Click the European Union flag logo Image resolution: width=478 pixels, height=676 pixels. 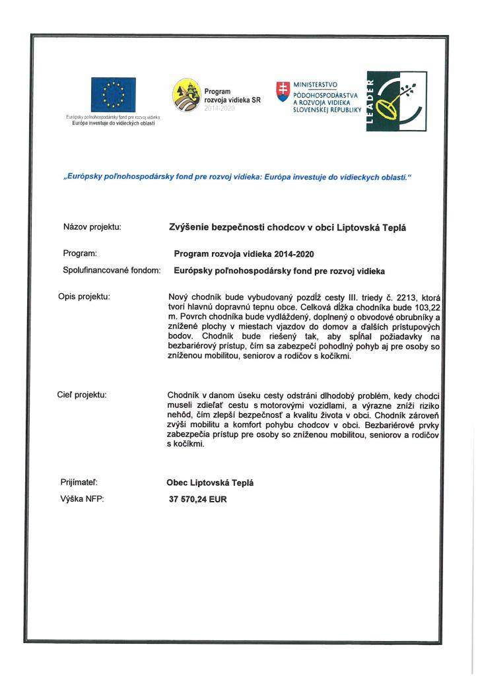coord(114,95)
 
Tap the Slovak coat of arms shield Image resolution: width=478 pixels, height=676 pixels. coord(283,90)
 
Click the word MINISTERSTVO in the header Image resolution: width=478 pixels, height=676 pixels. coord(316,84)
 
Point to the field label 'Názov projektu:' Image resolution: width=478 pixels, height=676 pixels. coord(92,227)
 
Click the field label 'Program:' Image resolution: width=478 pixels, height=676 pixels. coord(80,253)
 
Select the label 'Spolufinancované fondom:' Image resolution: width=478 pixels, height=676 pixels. coord(112,270)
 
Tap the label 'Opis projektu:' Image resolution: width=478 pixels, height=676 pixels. coord(84,296)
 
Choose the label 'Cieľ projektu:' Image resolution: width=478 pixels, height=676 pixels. coord(83,395)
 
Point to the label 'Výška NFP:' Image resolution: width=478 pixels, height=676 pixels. coord(82,499)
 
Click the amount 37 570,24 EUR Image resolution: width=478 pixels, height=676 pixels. coord(198,500)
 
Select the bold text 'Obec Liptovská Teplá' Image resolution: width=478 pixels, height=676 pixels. coord(211,483)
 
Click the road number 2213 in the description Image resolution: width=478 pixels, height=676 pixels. coord(407,297)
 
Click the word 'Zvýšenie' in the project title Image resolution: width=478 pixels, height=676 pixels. coord(191,227)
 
